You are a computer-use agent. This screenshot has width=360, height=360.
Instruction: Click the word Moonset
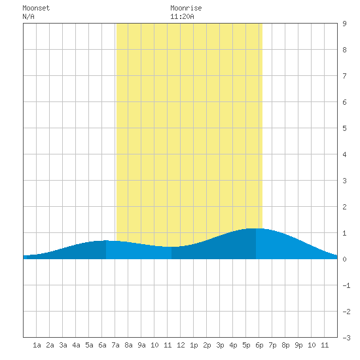point(36,8)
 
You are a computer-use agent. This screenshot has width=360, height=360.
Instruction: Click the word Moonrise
point(186,8)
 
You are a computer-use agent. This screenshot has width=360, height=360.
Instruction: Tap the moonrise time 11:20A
point(182,16)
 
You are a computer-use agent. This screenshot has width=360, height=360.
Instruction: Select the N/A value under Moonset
point(28,16)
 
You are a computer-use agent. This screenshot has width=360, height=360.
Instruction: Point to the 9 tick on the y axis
point(344,24)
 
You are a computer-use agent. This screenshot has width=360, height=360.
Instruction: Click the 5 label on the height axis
point(344,128)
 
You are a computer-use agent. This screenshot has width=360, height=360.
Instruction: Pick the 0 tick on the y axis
point(344,259)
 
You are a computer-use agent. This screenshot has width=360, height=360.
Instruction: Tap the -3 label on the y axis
point(346,338)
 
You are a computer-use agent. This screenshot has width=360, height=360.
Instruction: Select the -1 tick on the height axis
point(346,285)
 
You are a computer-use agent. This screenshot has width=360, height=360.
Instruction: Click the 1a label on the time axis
point(37,345)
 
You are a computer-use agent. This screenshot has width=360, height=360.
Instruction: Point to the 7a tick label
point(115,345)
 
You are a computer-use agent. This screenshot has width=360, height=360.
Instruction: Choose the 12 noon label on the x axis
point(181,345)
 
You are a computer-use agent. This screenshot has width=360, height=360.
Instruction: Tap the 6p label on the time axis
point(259,345)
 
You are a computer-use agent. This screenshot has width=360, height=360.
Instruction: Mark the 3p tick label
point(220,345)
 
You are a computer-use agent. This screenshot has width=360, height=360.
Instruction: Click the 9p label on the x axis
point(298,345)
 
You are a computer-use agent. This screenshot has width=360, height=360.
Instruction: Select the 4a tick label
point(76,345)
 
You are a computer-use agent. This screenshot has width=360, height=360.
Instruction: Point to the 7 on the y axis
point(344,76)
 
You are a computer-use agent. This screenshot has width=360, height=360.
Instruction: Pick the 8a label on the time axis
point(128,345)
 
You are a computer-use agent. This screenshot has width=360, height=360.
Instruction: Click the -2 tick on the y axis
point(346,312)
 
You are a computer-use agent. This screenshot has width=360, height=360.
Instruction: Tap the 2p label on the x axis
point(207,345)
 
